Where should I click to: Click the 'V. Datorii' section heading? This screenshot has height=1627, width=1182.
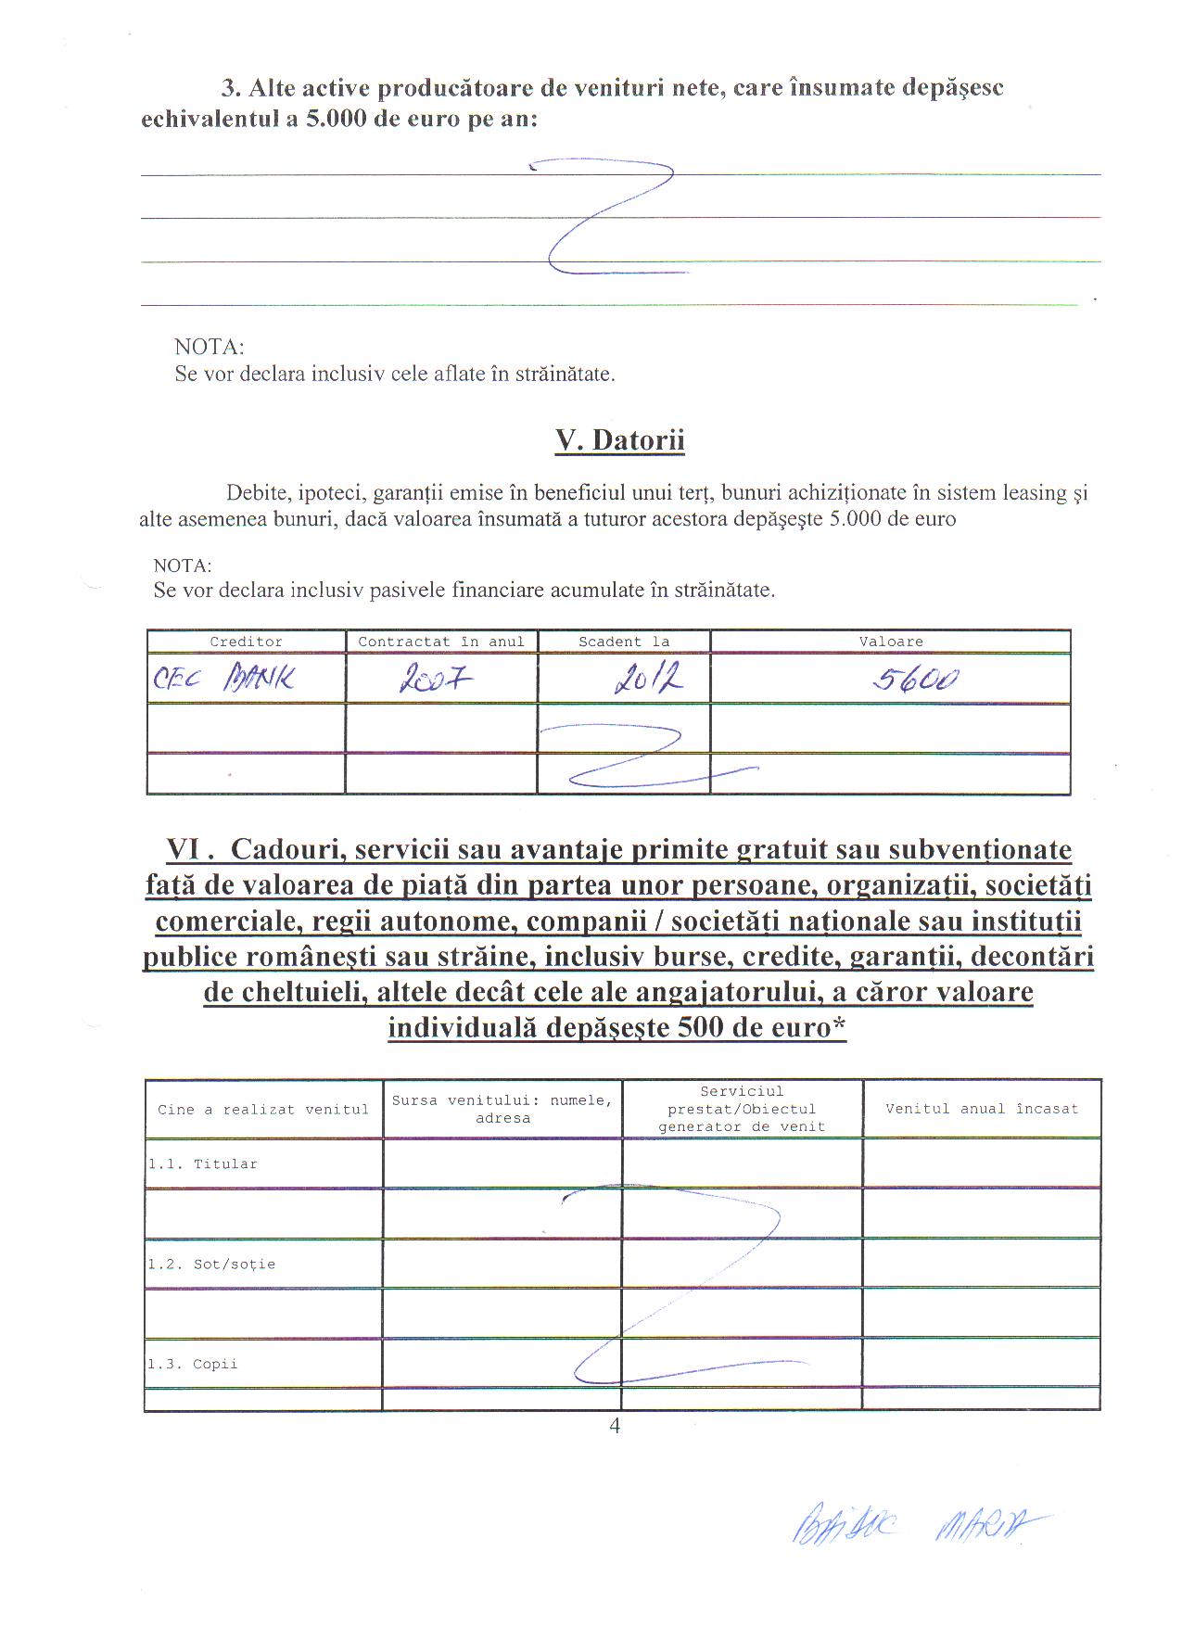pyautogui.click(x=619, y=439)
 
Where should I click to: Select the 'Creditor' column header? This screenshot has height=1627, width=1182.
pyautogui.click(x=246, y=642)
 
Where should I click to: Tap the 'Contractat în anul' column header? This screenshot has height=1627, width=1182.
pyautogui.click(x=441, y=642)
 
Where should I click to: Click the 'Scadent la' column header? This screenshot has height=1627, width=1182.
pyautogui.click(x=623, y=642)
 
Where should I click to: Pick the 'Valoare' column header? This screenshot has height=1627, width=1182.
pyautogui.click(x=890, y=642)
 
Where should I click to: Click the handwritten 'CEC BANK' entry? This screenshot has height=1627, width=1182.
pyautogui.click(x=223, y=681)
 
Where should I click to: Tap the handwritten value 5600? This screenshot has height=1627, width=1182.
pyautogui.click(x=914, y=681)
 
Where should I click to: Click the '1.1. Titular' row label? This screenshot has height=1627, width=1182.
pyautogui.click(x=202, y=1164)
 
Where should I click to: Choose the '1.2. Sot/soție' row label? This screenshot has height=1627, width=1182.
pyautogui.click(x=211, y=1265)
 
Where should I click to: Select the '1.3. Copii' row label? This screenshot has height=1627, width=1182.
pyautogui.click(x=193, y=1365)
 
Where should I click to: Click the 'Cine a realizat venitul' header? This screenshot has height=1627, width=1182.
pyautogui.click(x=263, y=1110)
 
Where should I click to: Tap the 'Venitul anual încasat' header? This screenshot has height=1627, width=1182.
pyautogui.click(x=982, y=1109)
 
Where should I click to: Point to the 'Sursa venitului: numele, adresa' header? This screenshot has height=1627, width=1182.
pyautogui.click(x=502, y=1110)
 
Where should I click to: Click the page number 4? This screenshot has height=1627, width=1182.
pyautogui.click(x=615, y=1427)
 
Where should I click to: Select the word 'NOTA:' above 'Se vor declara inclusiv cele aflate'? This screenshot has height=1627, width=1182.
pyautogui.click(x=210, y=348)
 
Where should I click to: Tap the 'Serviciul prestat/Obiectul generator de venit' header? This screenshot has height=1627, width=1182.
pyautogui.click(x=742, y=1109)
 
